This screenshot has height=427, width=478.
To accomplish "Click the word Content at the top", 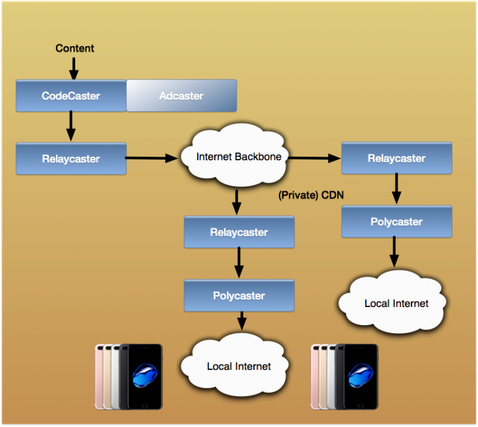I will click(x=75, y=48).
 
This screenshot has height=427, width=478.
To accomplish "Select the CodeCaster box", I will click(x=71, y=96).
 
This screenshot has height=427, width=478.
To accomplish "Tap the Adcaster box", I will click(x=181, y=96).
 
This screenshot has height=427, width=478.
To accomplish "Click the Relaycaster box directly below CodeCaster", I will click(x=71, y=158).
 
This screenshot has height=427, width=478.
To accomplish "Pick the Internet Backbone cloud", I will click(x=238, y=157).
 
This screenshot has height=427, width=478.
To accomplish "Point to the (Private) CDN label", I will click(x=311, y=196).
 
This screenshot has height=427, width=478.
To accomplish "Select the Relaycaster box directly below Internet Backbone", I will click(x=239, y=232).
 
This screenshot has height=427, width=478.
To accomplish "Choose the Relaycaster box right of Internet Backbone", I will click(x=396, y=158).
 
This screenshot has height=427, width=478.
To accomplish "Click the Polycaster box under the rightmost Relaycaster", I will click(x=396, y=222).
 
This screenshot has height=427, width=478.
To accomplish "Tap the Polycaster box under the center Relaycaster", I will click(x=239, y=296).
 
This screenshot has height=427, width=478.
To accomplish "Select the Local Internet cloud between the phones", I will click(x=239, y=366).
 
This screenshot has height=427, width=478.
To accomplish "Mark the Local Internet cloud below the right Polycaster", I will click(x=396, y=303).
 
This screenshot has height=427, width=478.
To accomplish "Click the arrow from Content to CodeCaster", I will click(x=73, y=67).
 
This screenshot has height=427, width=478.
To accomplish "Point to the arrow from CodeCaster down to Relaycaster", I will click(x=70, y=126).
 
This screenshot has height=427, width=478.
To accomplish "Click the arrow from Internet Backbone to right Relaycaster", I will click(x=314, y=158).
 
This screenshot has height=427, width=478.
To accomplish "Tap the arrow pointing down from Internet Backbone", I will click(x=236, y=201).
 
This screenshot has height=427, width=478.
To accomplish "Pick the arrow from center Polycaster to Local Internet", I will click(x=241, y=321).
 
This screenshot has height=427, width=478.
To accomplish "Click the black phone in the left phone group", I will click(x=144, y=377).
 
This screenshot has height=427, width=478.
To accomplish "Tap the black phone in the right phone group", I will click(x=359, y=377).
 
